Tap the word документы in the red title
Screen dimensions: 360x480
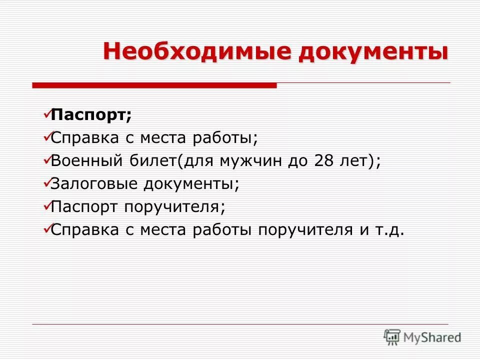coord(373,52)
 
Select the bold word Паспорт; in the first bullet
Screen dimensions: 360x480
coord(91,114)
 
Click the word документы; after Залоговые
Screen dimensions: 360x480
coord(192,183)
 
